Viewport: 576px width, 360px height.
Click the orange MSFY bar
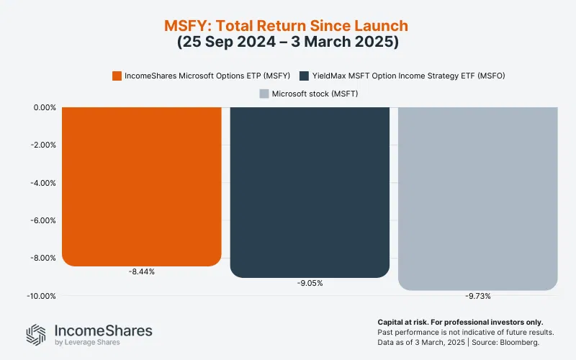(141, 186)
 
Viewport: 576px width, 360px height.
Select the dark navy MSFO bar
(310, 192)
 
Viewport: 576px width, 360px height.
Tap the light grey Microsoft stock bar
(478, 198)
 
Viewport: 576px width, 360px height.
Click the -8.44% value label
(141, 271)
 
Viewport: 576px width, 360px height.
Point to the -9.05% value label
(310, 283)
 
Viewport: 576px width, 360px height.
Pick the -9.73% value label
(478, 296)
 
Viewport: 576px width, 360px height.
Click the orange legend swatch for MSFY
(117, 76)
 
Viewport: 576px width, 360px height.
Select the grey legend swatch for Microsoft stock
(263, 94)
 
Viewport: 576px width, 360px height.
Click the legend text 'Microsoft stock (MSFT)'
(315, 94)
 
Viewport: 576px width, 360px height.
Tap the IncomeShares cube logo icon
(36, 335)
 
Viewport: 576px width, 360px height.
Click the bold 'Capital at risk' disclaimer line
(460, 322)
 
